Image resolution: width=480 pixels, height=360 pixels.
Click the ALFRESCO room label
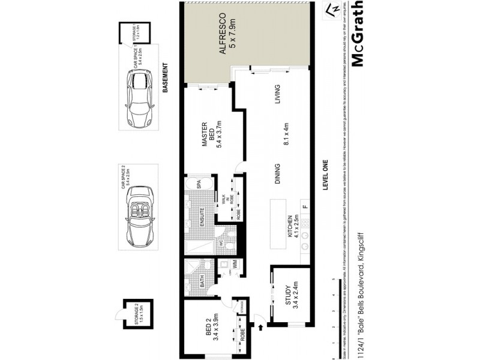point(221,34)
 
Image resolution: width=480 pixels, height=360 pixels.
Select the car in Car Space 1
point(139,98)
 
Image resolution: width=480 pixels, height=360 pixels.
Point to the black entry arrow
point(260,327)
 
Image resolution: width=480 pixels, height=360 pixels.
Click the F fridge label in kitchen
point(304,208)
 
